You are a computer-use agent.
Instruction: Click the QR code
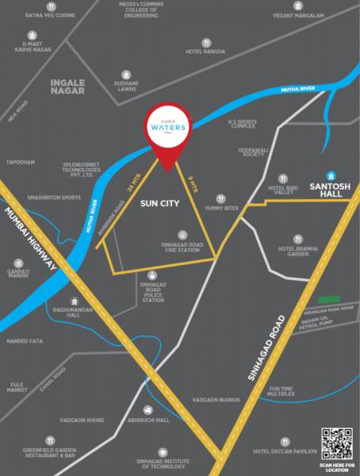click(335, 442)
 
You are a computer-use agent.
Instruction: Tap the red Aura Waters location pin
click(167, 135)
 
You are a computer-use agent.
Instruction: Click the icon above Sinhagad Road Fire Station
click(183, 234)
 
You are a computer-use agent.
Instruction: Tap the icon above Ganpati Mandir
click(20, 261)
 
